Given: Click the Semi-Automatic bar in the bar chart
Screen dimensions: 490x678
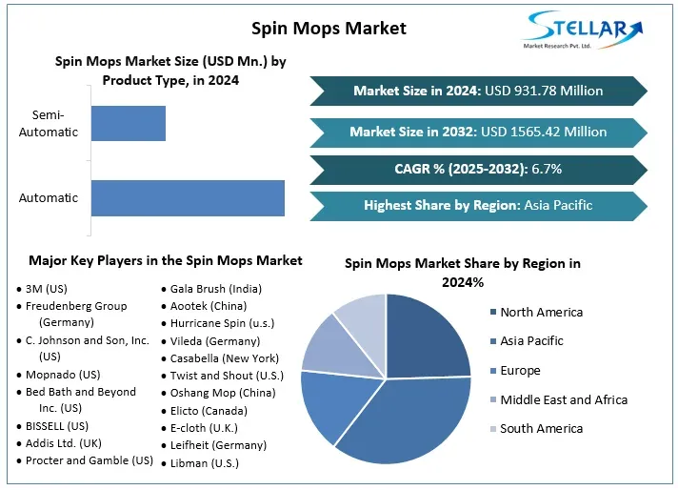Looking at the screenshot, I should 128,124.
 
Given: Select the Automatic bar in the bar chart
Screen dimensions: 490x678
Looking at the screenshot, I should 188,197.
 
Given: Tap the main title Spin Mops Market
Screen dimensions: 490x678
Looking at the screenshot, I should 329,28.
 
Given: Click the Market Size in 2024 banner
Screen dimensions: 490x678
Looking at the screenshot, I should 478,91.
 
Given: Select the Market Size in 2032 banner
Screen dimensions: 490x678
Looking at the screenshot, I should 478,132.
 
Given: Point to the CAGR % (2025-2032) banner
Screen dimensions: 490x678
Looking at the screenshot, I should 478,169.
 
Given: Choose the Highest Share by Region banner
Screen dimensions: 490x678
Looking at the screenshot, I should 478,205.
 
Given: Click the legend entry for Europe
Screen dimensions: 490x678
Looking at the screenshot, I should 533,371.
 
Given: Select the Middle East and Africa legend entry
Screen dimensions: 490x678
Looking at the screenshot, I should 563,399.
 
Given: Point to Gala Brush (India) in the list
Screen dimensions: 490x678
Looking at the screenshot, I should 215,289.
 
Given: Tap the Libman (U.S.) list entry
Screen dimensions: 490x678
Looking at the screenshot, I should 204,463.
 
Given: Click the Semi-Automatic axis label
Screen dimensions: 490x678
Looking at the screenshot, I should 49,124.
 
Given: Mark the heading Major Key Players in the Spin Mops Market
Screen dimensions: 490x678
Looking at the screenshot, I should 166,260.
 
